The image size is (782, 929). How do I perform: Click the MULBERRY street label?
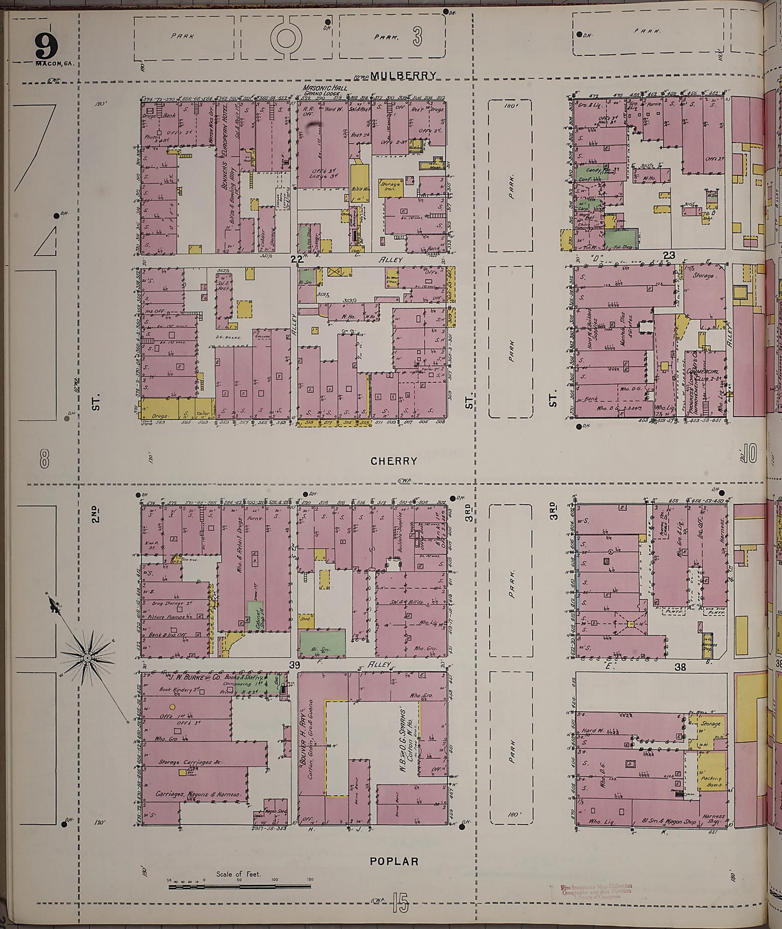pos(402,76)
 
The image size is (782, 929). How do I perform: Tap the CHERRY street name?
pos(394,461)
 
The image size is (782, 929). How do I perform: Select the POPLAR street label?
pos(394,861)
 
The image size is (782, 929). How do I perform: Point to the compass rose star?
pos(87,658)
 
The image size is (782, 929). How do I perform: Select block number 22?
pos(297,259)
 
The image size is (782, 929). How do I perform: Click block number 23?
pos(669,256)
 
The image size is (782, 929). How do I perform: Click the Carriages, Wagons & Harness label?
pos(198,794)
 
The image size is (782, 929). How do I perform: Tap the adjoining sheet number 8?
pos(44,459)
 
